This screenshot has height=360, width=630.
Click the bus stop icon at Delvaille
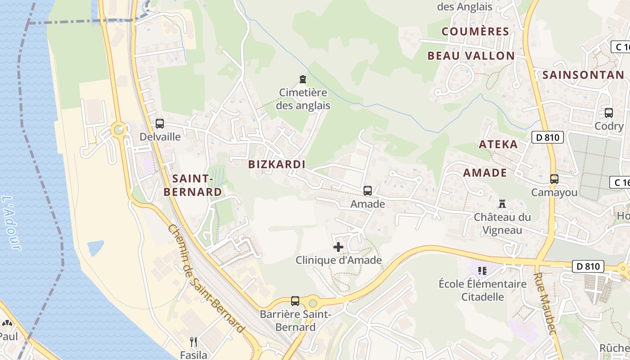pyautogui.click(x=159, y=123)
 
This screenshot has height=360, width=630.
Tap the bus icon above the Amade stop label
pyautogui.click(x=368, y=190)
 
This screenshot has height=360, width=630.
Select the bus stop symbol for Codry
pyautogui.click(x=608, y=113)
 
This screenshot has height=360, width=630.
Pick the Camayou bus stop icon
pyautogui.click(x=554, y=179)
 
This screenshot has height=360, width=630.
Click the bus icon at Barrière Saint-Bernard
pyautogui.click(x=295, y=301)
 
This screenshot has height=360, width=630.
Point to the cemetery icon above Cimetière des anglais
pyautogui.click(x=303, y=80)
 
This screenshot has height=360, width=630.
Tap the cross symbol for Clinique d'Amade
pyautogui.click(x=338, y=247)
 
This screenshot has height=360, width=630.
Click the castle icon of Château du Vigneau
pyautogui.click(x=502, y=203)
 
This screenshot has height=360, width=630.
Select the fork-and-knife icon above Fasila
pyautogui.click(x=193, y=342)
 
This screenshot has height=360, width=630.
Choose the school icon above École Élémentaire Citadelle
pyautogui.click(x=482, y=271)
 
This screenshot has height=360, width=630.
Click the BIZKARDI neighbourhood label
pyautogui.click(x=277, y=164)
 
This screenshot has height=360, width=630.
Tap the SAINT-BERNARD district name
pyautogui.click(x=192, y=185)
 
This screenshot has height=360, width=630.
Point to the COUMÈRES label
pyautogui.click(x=475, y=31)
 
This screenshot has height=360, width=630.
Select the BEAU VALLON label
pyautogui.click(x=471, y=56)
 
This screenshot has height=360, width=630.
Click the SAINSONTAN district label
pyautogui.click(x=583, y=75)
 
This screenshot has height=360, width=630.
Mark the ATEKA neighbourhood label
pyautogui.click(x=498, y=144)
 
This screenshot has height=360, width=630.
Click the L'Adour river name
pyautogui.click(x=12, y=223)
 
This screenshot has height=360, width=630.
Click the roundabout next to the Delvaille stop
pyautogui.click(x=119, y=130)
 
